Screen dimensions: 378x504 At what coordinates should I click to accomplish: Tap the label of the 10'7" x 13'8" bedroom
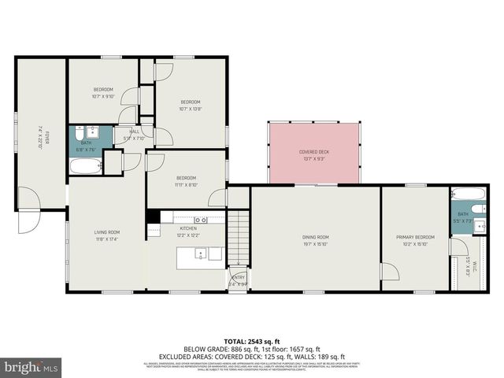191,106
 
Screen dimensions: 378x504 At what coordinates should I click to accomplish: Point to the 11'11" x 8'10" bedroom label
186,180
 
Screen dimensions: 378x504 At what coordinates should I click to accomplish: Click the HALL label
135,135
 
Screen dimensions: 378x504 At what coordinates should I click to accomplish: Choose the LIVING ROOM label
107,235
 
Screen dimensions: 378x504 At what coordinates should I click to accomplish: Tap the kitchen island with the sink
198,254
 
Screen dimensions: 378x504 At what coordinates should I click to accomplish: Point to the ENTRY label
239,280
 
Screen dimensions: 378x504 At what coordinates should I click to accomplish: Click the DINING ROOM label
315,239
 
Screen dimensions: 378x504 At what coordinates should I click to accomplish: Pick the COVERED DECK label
314,155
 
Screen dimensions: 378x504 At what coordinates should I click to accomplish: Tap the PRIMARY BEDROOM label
414,239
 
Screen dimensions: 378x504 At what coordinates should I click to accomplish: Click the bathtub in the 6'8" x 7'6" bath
86,167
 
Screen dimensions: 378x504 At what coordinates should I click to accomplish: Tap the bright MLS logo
31,367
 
